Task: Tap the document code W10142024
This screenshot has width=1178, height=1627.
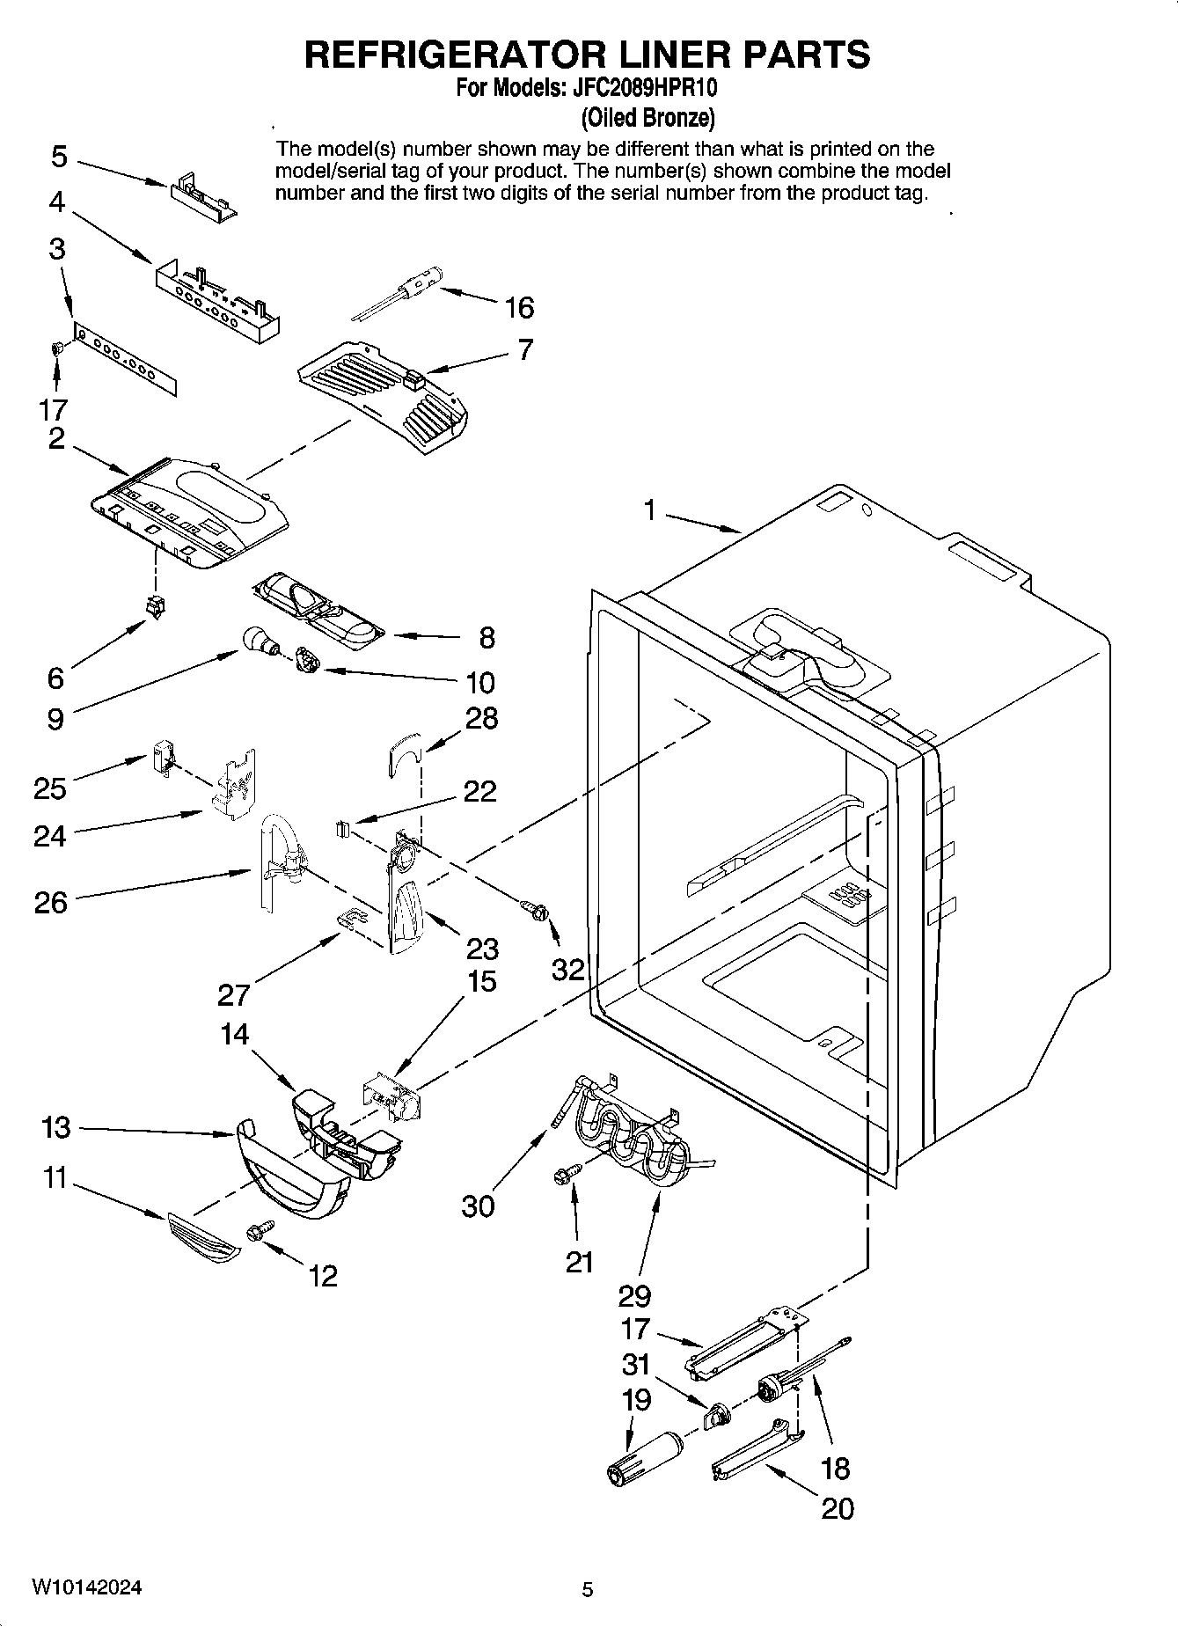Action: click(87, 1587)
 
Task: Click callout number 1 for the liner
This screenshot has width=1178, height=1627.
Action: click(649, 510)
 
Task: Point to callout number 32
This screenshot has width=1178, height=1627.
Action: click(568, 969)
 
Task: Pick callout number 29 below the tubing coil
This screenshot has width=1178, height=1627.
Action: click(634, 1295)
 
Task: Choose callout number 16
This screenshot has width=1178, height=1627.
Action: click(519, 307)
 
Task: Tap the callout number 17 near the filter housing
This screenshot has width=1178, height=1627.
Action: click(634, 1329)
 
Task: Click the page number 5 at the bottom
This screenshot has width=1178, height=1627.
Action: click(588, 1589)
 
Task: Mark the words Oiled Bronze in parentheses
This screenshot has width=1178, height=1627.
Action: click(648, 117)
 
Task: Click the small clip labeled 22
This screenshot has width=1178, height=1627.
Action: click(343, 828)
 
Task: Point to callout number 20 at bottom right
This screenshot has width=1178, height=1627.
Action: click(837, 1508)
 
